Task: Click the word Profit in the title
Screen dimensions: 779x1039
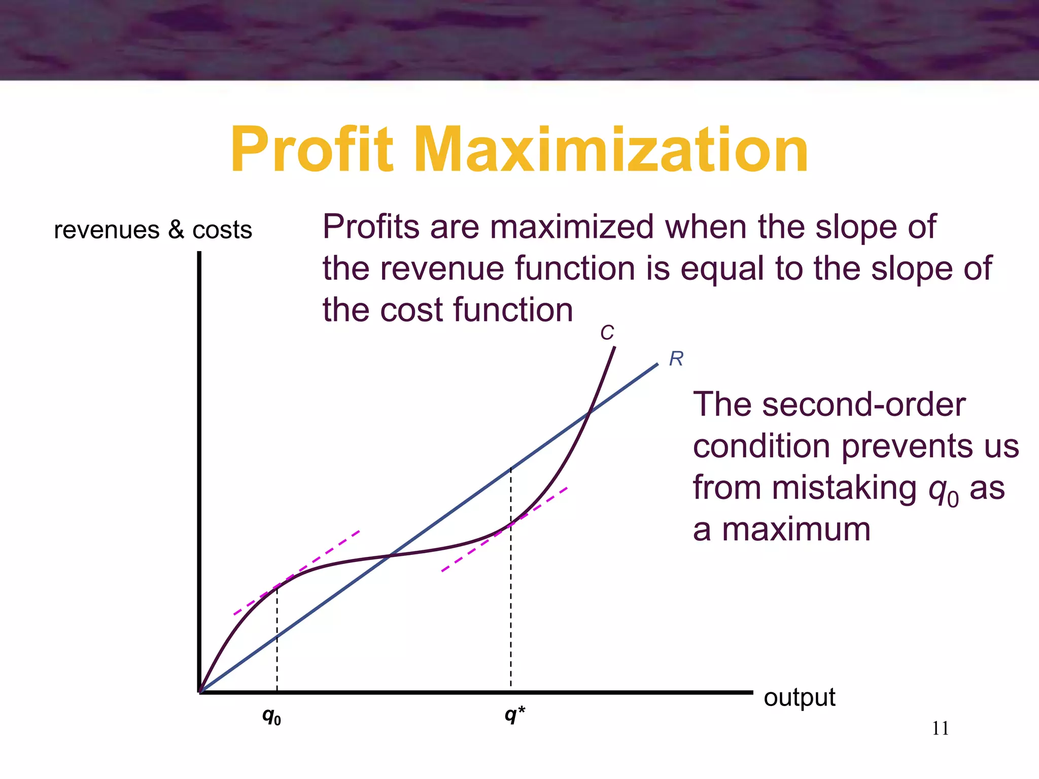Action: coord(311,151)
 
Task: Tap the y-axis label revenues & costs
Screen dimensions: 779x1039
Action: coord(153,230)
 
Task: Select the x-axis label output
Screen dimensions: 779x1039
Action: coord(799,697)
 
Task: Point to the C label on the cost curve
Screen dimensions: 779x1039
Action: coord(607,333)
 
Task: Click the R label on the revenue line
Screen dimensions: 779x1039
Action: coord(676,359)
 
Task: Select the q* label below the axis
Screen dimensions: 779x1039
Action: coord(514,715)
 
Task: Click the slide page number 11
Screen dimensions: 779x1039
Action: coord(940,729)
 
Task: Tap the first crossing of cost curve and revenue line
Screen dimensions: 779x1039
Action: coord(390,556)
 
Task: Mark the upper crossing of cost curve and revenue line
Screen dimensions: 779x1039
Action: coord(588,413)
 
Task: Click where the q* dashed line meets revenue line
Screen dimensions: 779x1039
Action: coord(511,469)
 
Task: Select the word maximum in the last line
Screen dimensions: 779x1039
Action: coord(795,529)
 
